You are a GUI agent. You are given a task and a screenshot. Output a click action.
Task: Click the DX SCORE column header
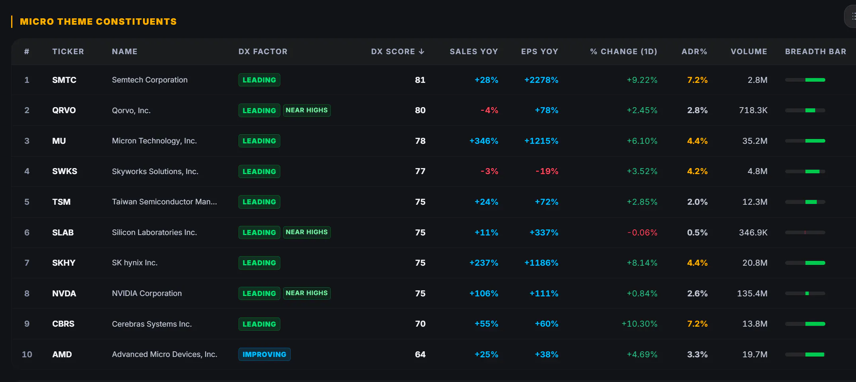[x=393, y=51]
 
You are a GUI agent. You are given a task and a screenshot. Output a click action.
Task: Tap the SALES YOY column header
[x=474, y=51]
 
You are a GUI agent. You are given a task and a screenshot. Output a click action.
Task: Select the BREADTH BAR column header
[x=815, y=51]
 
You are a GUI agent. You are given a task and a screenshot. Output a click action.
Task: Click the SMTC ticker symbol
[x=64, y=80]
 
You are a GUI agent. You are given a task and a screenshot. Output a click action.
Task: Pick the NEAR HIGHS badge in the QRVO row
[x=307, y=110]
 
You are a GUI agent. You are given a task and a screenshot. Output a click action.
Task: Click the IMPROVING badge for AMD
[x=264, y=354]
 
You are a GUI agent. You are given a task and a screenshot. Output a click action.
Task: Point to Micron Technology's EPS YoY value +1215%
[x=541, y=141]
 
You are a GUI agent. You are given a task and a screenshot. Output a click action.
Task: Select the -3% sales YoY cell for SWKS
[x=489, y=171]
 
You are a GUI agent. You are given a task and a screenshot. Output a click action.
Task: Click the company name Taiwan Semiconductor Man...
[x=164, y=202]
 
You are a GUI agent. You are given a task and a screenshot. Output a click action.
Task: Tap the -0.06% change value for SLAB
[x=642, y=232]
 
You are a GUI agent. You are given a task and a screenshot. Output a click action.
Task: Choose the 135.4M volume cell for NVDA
[x=752, y=293]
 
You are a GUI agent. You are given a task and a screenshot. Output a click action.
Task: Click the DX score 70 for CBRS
[x=420, y=324]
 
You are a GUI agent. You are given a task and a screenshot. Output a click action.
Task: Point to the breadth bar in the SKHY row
[x=805, y=263]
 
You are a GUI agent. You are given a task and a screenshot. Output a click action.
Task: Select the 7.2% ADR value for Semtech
[x=697, y=80]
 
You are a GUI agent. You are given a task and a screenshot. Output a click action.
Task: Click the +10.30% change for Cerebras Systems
[x=639, y=324]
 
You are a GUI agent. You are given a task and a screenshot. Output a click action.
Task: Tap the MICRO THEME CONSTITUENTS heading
[x=98, y=22]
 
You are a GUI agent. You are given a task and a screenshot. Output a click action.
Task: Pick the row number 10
[x=27, y=354]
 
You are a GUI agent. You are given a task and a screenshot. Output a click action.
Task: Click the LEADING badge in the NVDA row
[x=259, y=293]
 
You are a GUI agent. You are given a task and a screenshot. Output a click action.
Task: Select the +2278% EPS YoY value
[x=541, y=80]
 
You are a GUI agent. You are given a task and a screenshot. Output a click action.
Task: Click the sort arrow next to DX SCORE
[x=422, y=51]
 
